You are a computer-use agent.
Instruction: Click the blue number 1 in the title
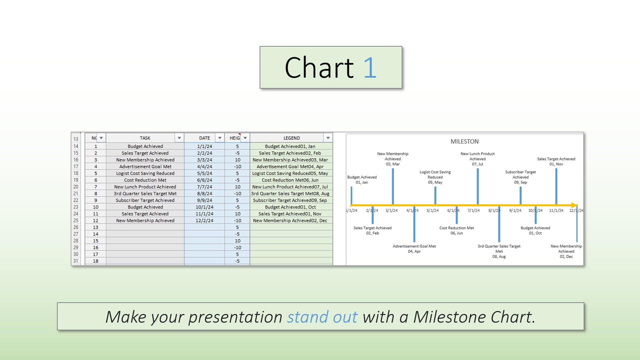pos(370,68)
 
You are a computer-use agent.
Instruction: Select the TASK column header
pos(145,138)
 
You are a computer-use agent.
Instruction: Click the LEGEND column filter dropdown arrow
pos(328,138)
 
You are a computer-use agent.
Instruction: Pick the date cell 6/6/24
pos(204,180)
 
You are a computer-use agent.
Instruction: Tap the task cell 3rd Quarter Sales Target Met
pos(145,194)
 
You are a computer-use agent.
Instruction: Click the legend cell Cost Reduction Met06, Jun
pos(290,180)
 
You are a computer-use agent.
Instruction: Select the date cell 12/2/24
pos(204,220)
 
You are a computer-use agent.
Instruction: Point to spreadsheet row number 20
pos(76,187)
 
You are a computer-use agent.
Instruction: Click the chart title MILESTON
pos(464,142)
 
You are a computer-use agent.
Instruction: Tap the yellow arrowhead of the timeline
pos(574,205)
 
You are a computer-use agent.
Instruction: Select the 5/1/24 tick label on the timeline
pos(432,211)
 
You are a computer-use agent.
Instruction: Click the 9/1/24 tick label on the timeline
pos(515,211)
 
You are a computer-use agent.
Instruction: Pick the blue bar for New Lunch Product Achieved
pos(478,186)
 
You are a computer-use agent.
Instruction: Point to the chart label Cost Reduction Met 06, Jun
pos(457,231)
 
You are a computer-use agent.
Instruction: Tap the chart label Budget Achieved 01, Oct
pos(535,231)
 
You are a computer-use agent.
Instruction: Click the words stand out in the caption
pos(322,317)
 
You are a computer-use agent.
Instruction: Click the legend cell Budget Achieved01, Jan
pos(290,146)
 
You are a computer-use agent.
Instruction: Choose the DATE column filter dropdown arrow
pos(220,138)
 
